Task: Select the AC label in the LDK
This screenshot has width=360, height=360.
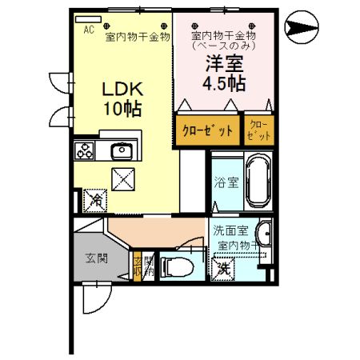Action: point(90,28)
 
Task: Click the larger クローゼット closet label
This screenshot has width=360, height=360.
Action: point(208,130)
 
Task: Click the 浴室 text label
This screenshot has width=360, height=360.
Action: point(226,182)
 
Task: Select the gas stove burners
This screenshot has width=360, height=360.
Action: point(86,150)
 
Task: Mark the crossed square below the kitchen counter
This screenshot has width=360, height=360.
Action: point(123,180)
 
